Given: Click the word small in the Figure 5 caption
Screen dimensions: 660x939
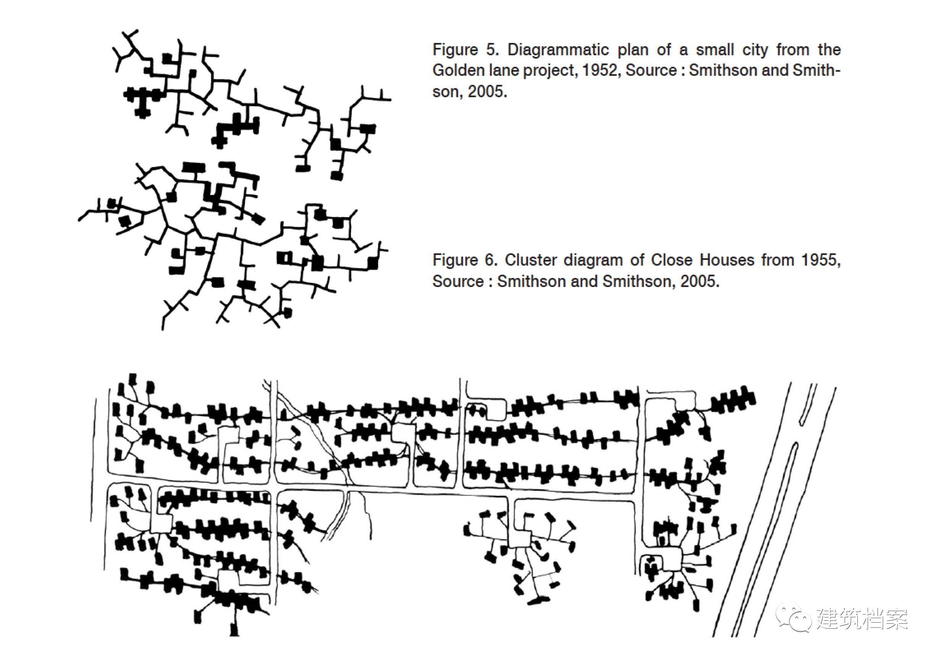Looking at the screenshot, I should click(x=715, y=50).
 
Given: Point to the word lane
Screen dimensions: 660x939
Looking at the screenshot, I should click(x=503, y=70).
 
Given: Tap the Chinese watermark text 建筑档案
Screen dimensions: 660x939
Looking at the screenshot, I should click(x=862, y=619).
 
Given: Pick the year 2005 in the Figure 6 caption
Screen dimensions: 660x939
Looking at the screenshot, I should click(x=699, y=281).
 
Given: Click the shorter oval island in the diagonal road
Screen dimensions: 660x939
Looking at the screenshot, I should click(x=807, y=405).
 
